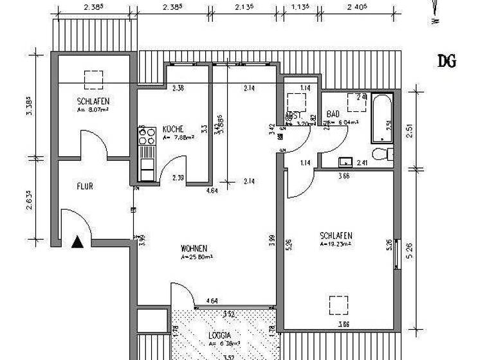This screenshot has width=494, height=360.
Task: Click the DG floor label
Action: pos(447,62)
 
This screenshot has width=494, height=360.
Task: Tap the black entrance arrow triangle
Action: pos(78,242)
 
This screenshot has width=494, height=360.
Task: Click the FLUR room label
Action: pos(85,186)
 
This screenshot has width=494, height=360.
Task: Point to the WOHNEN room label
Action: pos(194,248)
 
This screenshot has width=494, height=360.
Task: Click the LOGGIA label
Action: pos(219,335)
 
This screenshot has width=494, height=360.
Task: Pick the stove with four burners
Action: pos(147,135)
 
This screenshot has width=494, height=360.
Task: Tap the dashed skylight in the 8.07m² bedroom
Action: pos(94,79)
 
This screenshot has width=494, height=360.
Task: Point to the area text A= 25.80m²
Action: pos(197,256)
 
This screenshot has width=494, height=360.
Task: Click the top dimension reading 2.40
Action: pos(355,8)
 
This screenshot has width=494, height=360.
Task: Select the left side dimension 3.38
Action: pos(29,105)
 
